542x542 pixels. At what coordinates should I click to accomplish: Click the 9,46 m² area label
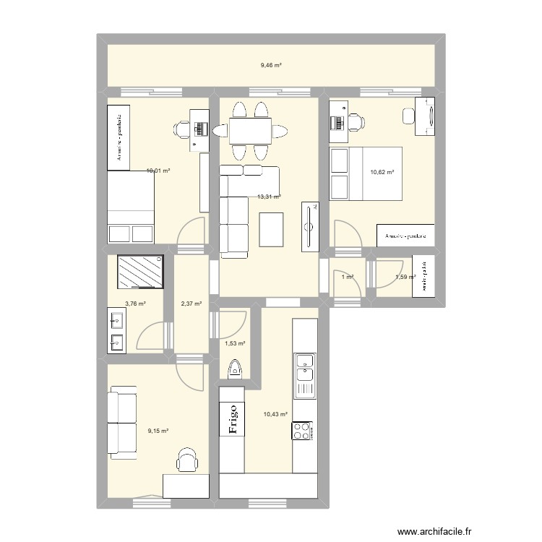(271, 65)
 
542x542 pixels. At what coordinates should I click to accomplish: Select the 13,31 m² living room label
(269, 196)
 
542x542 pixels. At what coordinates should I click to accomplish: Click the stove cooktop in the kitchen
(301, 431)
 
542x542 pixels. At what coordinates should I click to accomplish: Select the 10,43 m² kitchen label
(275, 414)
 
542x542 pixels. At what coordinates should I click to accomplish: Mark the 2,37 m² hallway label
(190, 304)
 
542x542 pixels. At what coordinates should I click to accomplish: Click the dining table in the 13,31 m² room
(250, 131)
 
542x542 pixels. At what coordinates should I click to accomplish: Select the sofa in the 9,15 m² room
(121, 423)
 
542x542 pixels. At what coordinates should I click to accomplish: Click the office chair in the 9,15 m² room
(187, 460)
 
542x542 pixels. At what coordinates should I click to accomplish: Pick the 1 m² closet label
(348, 277)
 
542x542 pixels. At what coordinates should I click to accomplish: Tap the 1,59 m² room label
(405, 277)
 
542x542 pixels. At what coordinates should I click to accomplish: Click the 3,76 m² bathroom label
(135, 304)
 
